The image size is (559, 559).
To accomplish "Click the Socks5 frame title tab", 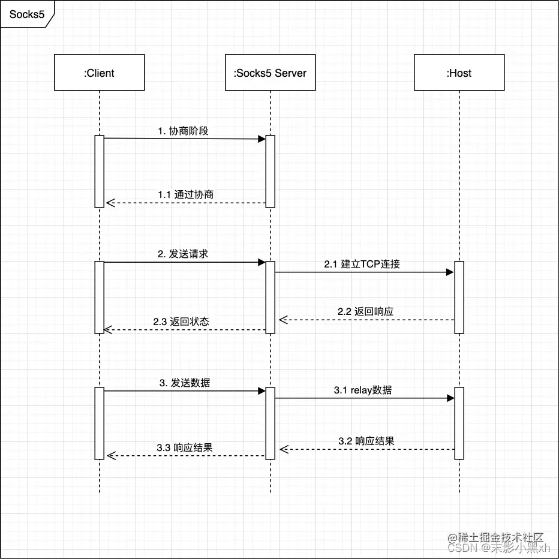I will [26, 13].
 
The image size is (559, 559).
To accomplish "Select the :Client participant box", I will [99, 73].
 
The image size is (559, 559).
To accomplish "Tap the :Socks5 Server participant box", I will [270, 73].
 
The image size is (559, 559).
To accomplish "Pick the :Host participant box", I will [459, 73].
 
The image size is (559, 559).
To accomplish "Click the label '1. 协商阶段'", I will [184, 131].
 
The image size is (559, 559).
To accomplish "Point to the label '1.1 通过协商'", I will [185, 194].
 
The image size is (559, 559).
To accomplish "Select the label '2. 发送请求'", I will [183, 254].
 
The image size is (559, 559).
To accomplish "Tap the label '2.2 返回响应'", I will [365, 311].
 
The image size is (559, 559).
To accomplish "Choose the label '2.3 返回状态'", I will [181, 321].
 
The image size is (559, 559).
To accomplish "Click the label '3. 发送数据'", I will [185, 383].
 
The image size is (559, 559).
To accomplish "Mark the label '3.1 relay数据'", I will [363, 390].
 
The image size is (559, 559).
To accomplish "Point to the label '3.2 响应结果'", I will [366, 441].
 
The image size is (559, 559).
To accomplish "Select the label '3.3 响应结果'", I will [185, 447].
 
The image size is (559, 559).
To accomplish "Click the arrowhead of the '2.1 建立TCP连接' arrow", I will [450, 272].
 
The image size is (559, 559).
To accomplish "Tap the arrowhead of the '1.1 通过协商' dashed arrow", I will [109, 203].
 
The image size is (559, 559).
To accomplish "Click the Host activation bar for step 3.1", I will [459, 423].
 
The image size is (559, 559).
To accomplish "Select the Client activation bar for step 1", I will [99, 171].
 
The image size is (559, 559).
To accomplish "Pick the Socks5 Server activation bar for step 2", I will [270, 297].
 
